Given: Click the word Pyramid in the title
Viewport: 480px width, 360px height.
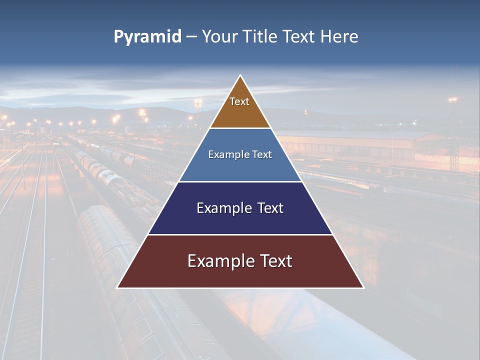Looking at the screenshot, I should tap(147, 37).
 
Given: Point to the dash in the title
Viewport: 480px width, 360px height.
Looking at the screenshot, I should tap(191, 37).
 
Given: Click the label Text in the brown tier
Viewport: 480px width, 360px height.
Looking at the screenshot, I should tap(239, 101).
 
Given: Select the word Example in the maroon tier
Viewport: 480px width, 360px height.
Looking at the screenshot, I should tap(220, 261).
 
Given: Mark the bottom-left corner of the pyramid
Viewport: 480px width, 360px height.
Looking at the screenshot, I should tap(117, 287).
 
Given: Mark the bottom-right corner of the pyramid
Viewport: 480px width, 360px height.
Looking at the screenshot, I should tap(363, 287).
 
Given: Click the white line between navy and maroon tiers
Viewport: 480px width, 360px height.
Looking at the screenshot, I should tap(240, 234).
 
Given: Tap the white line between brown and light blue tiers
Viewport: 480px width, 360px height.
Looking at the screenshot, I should tap(240, 128).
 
